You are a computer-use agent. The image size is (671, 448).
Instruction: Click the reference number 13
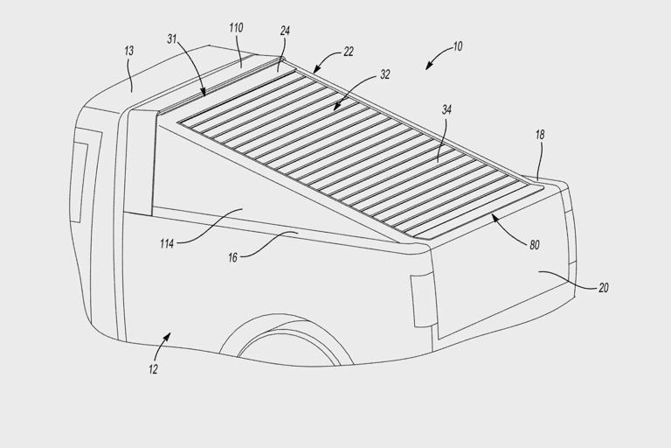(x=128, y=51)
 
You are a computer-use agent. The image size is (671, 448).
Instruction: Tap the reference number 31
(x=171, y=39)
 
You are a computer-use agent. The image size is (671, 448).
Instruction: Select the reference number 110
(x=236, y=28)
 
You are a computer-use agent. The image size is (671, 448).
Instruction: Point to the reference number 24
(x=285, y=31)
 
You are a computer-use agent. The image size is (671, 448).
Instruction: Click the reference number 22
(x=349, y=52)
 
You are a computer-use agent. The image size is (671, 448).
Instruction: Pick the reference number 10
(x=458, y=46)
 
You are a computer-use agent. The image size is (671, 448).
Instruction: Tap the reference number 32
(x=385, y=74)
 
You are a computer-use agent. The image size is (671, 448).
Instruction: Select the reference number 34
(x=446, y=109)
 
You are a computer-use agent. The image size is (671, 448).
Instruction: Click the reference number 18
(x=540, y=135)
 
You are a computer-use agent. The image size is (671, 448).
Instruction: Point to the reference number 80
(x=535, y=245)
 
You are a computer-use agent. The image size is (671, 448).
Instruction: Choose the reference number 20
(x=603, y=288)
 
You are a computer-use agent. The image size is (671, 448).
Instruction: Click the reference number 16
(x=232, y=257)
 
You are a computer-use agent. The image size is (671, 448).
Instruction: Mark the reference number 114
(x=167, y=244)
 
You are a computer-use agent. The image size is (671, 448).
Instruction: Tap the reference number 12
(x=153, y=369)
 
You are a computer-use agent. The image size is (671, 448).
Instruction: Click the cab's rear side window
(x=80, y=182)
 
